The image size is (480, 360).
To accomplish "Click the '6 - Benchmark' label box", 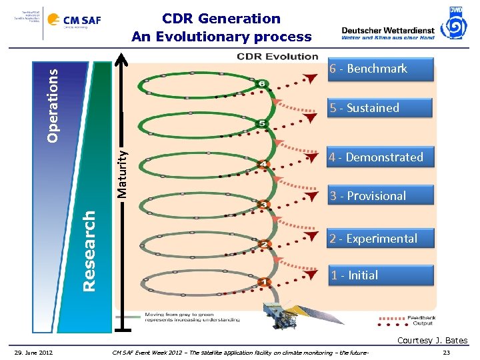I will tap(380, 69).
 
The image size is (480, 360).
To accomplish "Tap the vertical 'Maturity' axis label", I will tap(122, 172).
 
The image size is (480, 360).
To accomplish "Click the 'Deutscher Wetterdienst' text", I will tap(387, 30).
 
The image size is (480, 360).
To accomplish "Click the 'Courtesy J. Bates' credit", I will tap(432, 341).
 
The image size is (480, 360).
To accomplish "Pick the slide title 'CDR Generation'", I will tap(221, 19).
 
